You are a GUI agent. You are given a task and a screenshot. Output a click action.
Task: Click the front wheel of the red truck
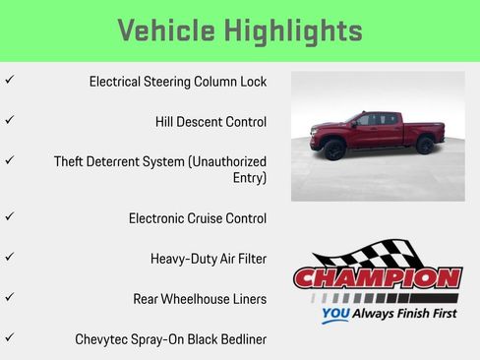[x=332, y=150]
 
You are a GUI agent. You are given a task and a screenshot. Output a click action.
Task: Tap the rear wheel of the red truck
[x=425, y=145]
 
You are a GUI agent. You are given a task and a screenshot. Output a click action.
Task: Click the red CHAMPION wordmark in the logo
[x=377, y=277]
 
